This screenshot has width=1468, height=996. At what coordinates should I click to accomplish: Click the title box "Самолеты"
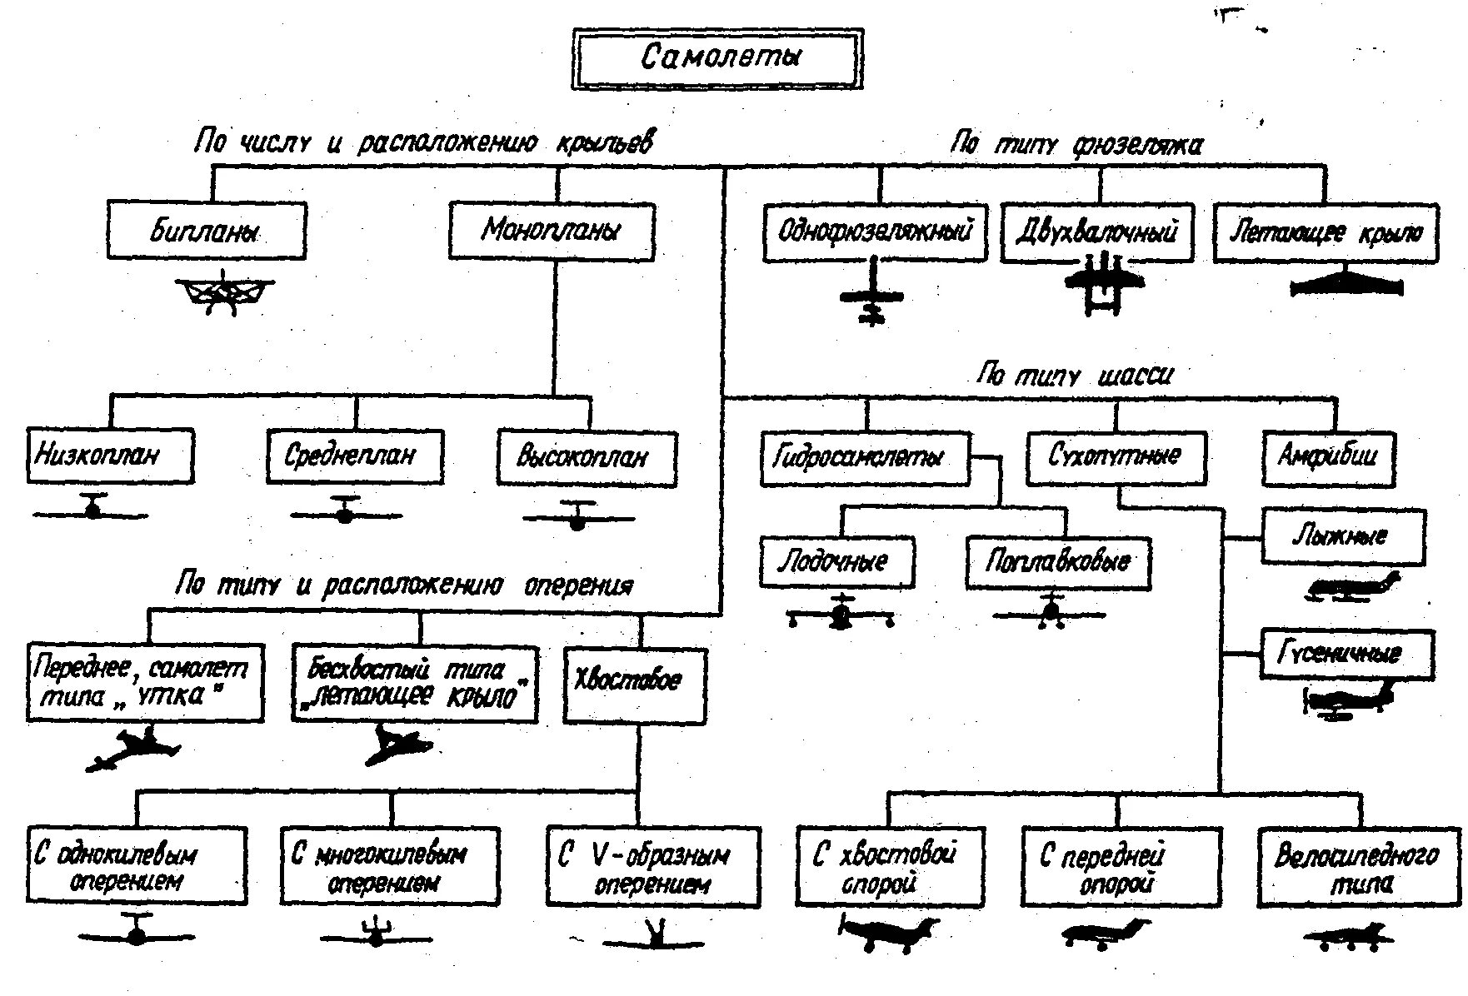(x=717, y=58)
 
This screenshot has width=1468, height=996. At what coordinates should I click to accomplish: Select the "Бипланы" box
(x=207, y=231)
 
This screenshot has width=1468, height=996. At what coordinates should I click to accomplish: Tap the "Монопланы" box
(x=552, y=231)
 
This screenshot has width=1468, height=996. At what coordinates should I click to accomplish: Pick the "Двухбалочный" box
(x=1096, y=232)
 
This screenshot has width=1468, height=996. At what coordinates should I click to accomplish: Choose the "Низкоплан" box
(x=110, y=456)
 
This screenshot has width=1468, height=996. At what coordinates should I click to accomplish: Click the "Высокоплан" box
(x=587, y=457)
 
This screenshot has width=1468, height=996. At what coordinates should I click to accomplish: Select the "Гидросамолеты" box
(x=866, y=457)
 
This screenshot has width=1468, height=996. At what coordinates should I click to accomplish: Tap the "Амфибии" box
(x=1328, y=456)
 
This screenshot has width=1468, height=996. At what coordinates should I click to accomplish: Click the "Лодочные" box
(x=836, y=562)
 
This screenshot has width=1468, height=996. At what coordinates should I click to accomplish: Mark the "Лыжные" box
(x=1344, y=535)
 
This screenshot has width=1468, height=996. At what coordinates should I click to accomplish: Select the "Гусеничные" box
(x=1347, y=654)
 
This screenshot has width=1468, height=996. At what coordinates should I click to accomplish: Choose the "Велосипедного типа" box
(x=1359, y=867)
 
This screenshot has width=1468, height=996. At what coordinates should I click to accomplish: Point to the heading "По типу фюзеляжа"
(x=1077, y=145)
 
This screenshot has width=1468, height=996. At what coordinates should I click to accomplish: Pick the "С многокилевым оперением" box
(x=390, y=867)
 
